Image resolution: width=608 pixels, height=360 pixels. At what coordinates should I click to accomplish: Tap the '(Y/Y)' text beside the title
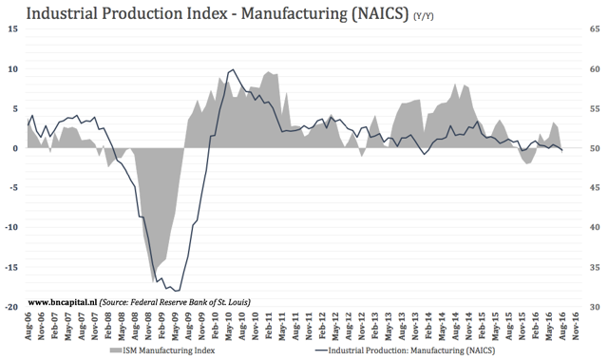(427, 17)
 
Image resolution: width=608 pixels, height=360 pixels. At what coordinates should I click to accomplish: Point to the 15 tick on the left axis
(12, 29)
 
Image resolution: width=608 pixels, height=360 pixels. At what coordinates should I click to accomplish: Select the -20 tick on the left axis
(9, 307)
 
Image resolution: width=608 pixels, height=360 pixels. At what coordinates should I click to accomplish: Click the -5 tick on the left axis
(11, 188)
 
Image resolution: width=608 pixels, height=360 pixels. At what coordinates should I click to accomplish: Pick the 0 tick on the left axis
(14, 148)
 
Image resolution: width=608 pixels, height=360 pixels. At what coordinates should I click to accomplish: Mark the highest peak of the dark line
(234, 69)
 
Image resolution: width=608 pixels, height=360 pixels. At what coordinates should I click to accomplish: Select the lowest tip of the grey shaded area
(155, 282)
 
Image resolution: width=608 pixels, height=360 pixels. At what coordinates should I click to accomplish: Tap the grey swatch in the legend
(117, 351)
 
